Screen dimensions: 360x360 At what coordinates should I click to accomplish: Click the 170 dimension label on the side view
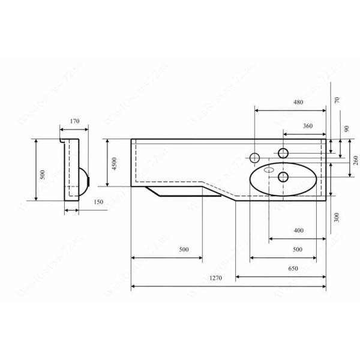[75, 122]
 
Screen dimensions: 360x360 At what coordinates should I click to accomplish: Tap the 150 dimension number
[98, 202]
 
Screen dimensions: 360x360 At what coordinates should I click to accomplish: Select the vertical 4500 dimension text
[114, 164]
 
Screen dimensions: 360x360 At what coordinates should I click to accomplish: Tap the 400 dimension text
[298, 230]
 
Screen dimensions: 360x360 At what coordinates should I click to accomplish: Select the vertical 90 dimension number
[346, 129]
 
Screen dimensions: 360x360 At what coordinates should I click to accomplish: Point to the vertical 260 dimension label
[355, 160]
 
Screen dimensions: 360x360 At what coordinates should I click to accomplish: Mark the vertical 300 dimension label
[337, 217]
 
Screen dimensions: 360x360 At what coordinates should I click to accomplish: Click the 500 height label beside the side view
[43, 175]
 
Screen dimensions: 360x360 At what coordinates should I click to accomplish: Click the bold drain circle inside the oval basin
[283, 176]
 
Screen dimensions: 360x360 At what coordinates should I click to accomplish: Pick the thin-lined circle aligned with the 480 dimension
[254, 158]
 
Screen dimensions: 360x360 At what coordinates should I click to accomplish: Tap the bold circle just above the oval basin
[283, 152]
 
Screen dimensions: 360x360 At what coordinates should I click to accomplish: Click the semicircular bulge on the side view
[85, 178]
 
